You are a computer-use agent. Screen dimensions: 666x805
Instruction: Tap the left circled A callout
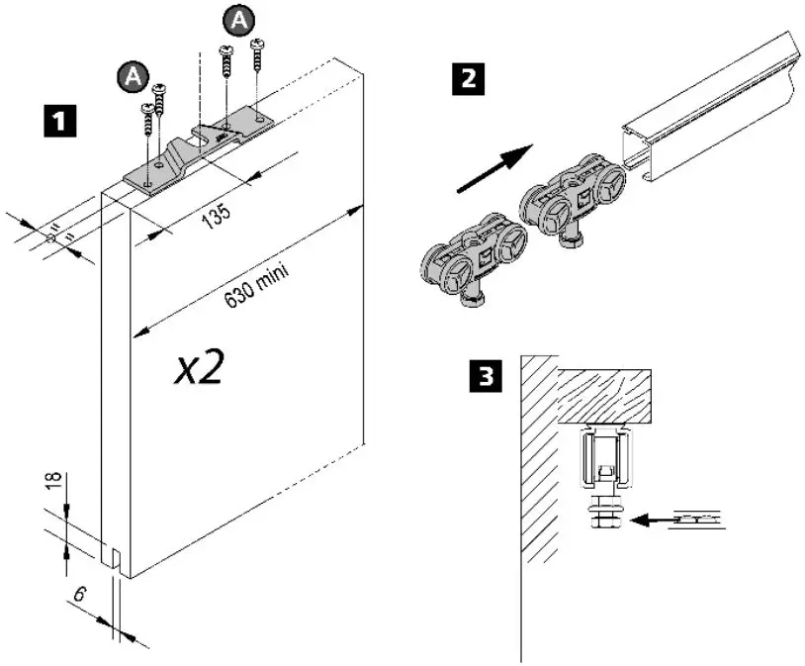[x=129, y=76]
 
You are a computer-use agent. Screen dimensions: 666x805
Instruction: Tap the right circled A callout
[x=238, y=18]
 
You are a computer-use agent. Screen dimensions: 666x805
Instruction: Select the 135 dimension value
[x=216, y=213]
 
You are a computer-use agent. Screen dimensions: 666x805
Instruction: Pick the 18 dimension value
[x=54, y=484]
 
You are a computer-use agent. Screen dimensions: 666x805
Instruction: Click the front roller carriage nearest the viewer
[x=465, y=265]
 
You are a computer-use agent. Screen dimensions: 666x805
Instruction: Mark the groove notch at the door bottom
[x=117, y=559]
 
